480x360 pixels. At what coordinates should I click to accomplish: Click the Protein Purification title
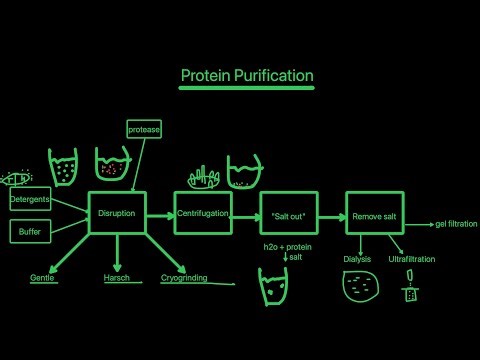click(x=247, y=76)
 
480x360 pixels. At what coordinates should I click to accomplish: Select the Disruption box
click(x=118, y=214)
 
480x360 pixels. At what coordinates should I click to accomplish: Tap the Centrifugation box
click(x=203, y=214)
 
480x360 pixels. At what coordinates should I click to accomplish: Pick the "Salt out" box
click(x=287, y=214)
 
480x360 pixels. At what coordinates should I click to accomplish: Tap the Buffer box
click(x=28, y=232)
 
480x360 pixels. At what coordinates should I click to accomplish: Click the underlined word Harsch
click(x=117, y=277)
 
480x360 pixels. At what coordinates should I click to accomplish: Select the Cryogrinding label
click(x=185, y=277)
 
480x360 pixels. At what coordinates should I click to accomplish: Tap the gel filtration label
click(x=456, y=224)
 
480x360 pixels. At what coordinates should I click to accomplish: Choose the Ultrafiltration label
click(x=412, y=259)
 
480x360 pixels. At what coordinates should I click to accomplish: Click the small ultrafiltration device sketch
click(x=408, y=291)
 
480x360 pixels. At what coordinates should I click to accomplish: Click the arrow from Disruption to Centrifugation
click(x=160, y=214)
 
